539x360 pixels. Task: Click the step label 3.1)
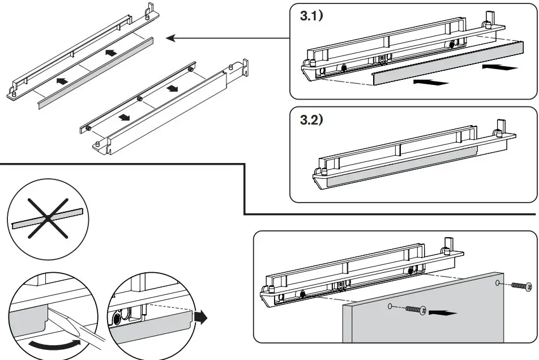(310, 16)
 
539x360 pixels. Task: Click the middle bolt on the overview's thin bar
(139, 98)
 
